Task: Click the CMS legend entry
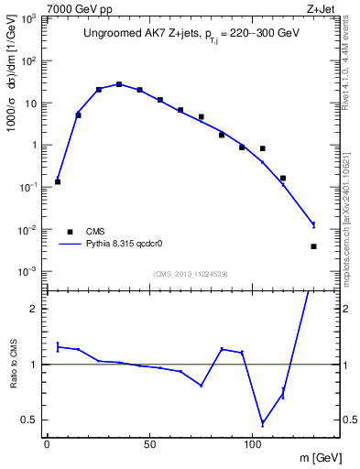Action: tap(95, 232)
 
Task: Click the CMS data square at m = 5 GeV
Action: tap(58, 181)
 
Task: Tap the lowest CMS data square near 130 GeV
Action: tap(313, 246)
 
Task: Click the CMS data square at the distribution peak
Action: tap(119, 85)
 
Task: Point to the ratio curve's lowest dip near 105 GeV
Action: tap(263, 423)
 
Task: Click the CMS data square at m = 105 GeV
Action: tap(263, 148)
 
